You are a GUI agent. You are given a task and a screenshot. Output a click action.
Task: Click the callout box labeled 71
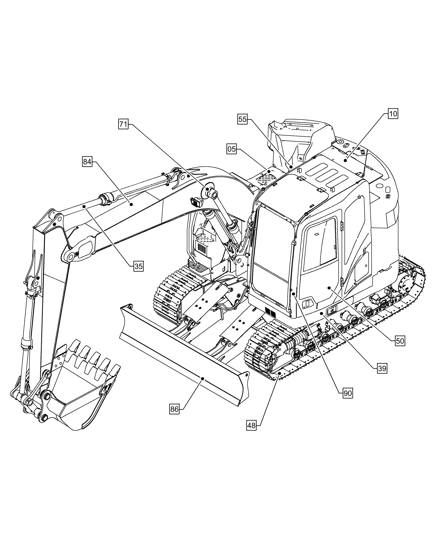tap(123, 125)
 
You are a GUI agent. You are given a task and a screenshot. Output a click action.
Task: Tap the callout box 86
tap(174, 409)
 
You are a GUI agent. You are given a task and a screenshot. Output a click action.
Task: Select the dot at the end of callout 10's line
tap(345, 160)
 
